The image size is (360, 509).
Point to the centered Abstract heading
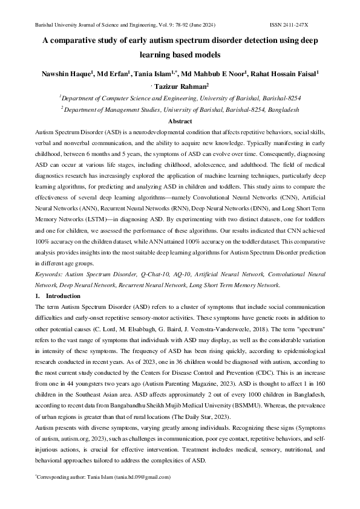click(180, 120)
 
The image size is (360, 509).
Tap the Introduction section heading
click(63, 296)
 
